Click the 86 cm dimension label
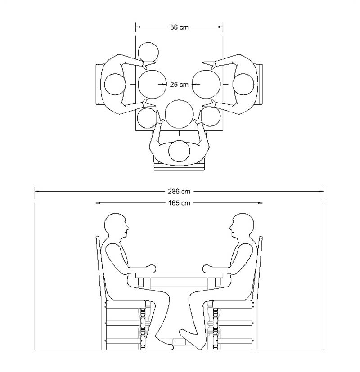pos(179,27)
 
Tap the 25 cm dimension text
pos(179,84)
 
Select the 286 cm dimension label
pos(180,191)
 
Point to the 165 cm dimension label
pos(179,203)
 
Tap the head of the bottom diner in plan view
pos(179,151)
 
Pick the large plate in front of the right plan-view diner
pos(207,84)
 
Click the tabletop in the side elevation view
pos(180,274)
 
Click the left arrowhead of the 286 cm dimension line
pos(37,191)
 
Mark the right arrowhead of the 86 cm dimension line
pos(221,27)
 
